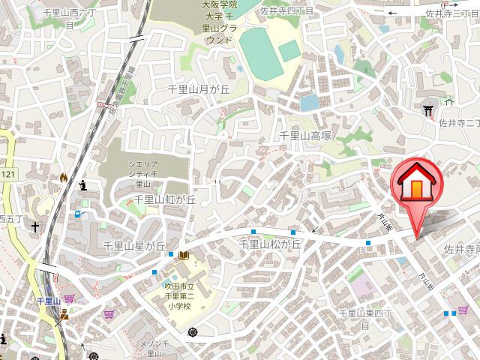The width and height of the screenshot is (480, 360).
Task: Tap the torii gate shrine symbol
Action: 430,110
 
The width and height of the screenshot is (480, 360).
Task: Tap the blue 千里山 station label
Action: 48,301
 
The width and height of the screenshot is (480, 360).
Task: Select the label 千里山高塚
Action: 305,136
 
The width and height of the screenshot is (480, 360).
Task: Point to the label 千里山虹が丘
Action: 164,199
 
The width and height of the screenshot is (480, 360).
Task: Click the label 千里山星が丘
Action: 133,246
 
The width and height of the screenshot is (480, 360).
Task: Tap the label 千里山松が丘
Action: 269,244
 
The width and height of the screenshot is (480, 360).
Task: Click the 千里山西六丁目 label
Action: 69,19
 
